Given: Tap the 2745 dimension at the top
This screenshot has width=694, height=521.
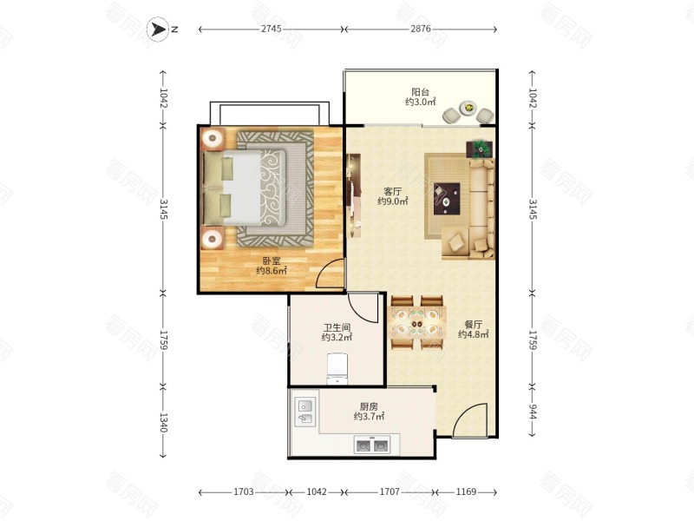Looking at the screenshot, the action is click(271, 29).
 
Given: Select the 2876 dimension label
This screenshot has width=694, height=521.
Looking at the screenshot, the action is click(421, 29).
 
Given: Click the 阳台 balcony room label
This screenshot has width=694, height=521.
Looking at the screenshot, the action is click(420, 92).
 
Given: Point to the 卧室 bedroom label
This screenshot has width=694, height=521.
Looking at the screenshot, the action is click(272, 261).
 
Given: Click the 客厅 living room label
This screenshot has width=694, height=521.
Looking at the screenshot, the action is click(393, 191).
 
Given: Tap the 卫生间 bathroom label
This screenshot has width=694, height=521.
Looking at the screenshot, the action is click(337, 328).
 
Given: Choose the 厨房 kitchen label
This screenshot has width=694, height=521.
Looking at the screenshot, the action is click(369, 406).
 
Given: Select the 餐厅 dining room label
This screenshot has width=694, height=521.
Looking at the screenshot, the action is click(473, 324).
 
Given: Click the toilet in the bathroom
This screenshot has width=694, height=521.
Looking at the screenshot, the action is click(337, 368).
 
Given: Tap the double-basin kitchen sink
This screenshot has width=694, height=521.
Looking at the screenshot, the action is click(372, 445).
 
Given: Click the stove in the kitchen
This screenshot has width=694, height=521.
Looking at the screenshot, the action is click(305, 412).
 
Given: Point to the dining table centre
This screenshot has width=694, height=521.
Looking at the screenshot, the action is click(416, 323).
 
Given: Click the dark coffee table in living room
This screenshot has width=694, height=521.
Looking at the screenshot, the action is click(447, 199).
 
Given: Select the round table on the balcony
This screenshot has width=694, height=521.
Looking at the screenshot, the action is click(468, 108).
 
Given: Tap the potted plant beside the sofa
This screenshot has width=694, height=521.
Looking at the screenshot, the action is click(480, 149).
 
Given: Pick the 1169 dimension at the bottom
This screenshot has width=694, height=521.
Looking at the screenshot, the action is click(466, 491).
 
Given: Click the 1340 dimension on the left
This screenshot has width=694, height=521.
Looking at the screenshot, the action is click(163, 422).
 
